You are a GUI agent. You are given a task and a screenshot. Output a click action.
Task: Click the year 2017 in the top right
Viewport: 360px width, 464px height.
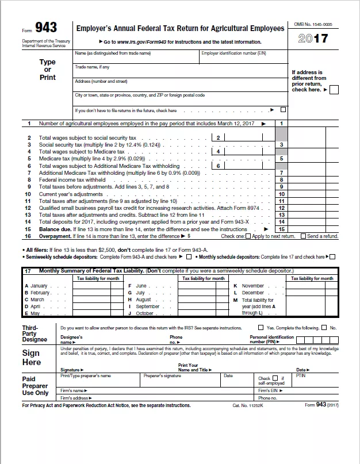(313, 39)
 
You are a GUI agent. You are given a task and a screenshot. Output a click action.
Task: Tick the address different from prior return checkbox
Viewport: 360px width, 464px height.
(334, 90)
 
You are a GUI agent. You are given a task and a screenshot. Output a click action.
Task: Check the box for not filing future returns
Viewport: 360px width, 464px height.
(283, 110)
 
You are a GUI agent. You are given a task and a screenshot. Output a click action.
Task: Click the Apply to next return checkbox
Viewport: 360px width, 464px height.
(248, 236)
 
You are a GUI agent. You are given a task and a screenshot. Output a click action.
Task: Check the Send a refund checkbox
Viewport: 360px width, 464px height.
(304, 236)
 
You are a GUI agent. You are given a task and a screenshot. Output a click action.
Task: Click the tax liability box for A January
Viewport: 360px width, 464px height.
(98, 286)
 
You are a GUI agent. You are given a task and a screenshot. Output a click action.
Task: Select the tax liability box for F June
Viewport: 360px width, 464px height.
(203, 286)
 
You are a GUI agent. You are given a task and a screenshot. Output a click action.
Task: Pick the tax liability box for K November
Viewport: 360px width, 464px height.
(311, 286)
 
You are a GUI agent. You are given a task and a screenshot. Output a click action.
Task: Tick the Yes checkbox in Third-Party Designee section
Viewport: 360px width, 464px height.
(262, 328)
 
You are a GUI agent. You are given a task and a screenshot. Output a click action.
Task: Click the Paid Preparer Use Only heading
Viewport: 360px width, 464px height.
(35, 386)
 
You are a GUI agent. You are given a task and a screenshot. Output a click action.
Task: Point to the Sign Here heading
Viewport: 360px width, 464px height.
(32, 358)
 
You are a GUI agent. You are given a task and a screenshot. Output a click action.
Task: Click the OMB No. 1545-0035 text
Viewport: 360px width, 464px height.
(313, 25)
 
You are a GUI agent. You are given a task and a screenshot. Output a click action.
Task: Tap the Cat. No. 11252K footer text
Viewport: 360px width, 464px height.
(247, 405)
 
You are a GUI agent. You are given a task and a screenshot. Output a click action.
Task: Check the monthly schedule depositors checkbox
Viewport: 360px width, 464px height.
(332, 257)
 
